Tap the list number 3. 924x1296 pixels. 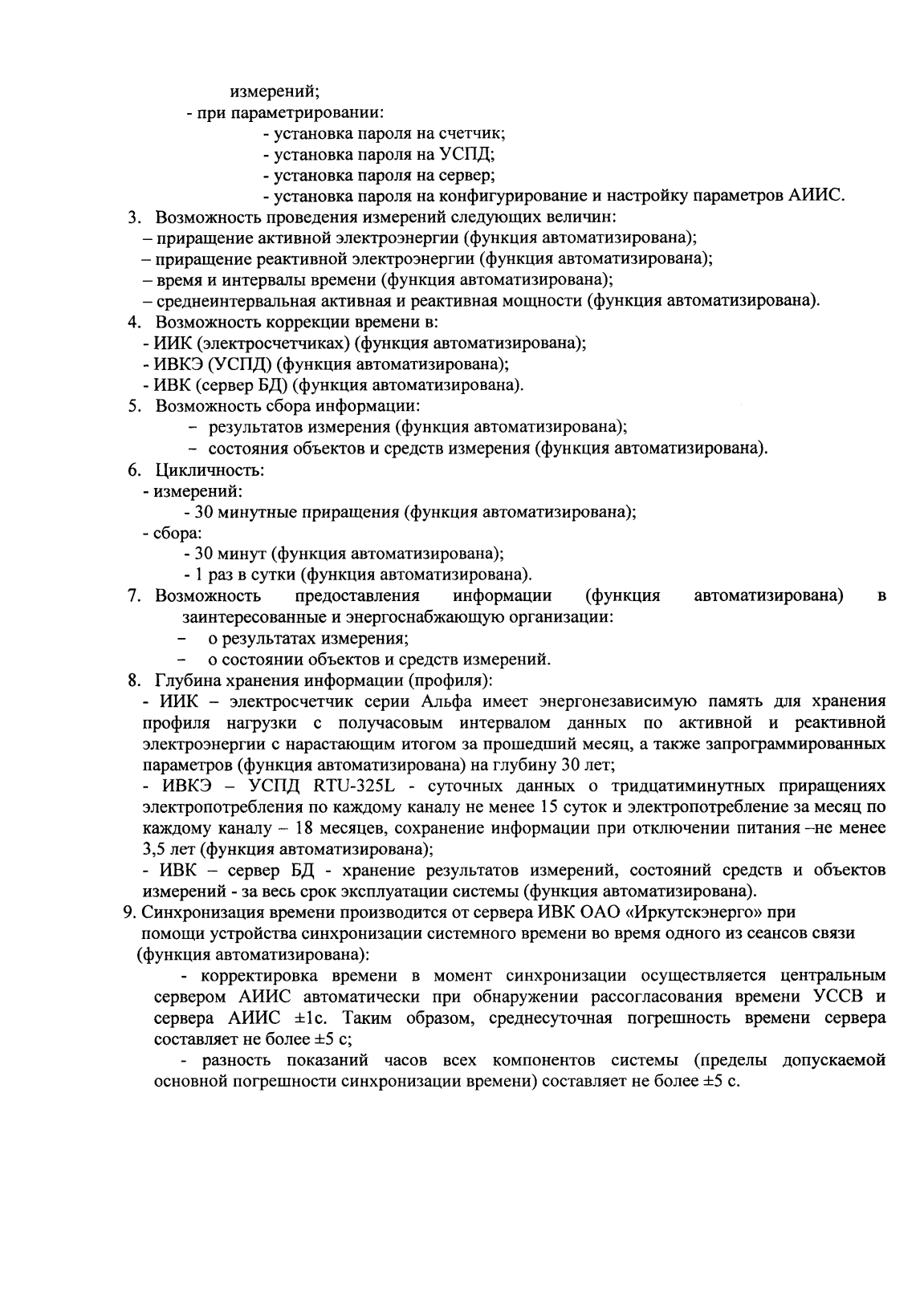134,217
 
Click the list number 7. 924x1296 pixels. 134,595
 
